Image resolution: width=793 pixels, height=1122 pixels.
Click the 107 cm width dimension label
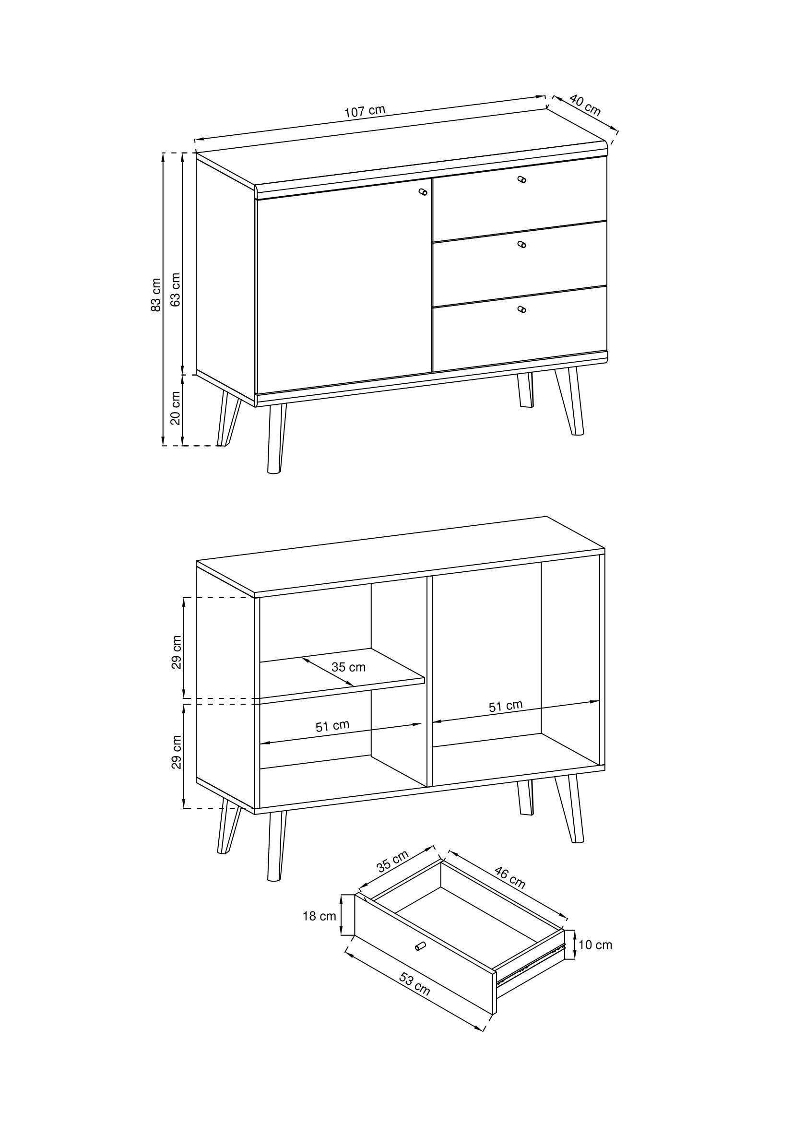(365, 110)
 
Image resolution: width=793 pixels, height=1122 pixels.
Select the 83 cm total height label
(156, 295)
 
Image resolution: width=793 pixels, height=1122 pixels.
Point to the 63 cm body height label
(176, 289)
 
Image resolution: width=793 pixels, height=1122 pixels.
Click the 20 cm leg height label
(176, 408)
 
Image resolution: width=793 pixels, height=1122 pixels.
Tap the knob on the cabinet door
(423, 192)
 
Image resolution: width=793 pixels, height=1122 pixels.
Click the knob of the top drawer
(522, 179)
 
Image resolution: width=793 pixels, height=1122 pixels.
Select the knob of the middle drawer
(522, 244)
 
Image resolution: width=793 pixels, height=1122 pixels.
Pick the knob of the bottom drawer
(522, 309)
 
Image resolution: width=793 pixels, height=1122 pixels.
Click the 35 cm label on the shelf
(348, 667)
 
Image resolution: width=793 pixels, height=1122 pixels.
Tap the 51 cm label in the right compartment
(506, 706)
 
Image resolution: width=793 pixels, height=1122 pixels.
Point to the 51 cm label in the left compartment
(332, 725)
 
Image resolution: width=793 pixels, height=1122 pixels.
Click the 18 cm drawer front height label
(320, 916)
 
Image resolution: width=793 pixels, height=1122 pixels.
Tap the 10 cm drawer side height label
(595, 945)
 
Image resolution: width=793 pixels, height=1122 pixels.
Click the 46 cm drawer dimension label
(509, 877)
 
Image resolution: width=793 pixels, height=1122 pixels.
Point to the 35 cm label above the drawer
(392, 862)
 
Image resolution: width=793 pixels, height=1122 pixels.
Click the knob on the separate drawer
(420, 945)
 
